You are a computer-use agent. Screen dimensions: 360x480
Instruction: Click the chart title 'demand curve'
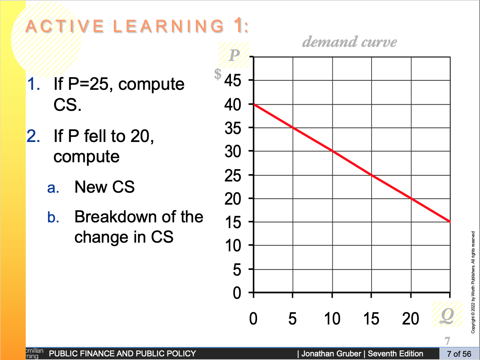(x=349, y=42)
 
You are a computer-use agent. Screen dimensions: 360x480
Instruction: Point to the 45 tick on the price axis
(x=233, y=80)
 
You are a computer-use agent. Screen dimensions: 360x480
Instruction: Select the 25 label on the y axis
(x=233, y=176)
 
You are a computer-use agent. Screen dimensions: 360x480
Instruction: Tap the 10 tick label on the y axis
(x=233, y=246)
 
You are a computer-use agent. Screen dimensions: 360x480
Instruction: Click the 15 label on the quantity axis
(x=371, y=319)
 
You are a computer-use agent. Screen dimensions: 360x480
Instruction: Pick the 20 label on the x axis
(x=410, y=319)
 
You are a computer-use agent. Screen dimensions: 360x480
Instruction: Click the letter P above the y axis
(x=234, y=55)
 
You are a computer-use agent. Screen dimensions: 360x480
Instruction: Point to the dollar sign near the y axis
(x=218, y=74)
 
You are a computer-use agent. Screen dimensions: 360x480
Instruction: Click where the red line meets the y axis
(x=254, y=104)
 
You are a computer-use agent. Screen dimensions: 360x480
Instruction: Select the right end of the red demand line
(x=450, y=222)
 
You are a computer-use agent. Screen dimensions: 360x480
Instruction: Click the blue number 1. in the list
(x=34, y=84)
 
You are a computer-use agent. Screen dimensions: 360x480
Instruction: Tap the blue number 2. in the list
(x=33, y=136)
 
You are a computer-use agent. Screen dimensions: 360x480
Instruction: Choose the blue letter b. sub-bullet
(x=53, y=217)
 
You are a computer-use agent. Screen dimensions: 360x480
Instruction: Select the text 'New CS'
(x=104, y=187)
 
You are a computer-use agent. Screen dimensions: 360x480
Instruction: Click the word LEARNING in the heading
(x=169, y=26)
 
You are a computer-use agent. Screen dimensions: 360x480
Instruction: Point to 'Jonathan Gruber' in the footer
(x=331, y=353)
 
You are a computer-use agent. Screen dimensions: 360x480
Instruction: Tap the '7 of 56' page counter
(x=459, y=354)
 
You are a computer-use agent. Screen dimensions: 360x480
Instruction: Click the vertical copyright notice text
(x=473, y=282)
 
